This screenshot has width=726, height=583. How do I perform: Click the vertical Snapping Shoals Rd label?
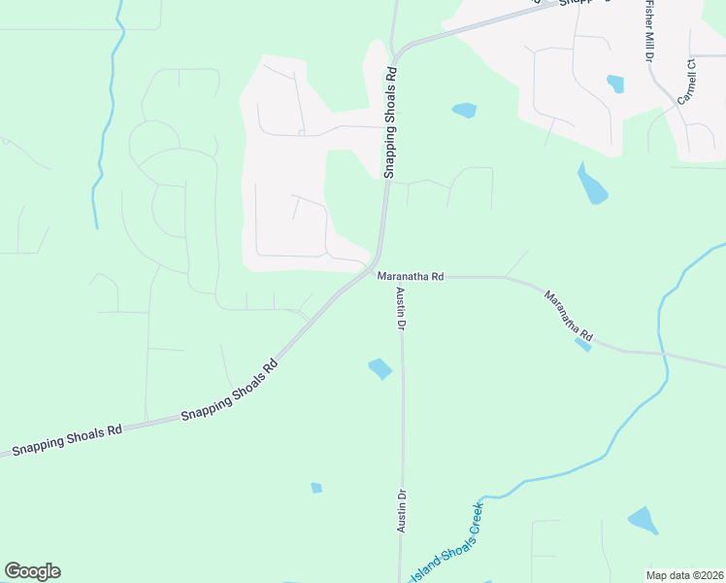pyautogui.click(x=390, y=121)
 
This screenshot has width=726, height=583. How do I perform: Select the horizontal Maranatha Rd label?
pyautogui.click(x=411, y=277)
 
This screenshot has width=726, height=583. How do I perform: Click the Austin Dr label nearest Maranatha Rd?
pyautogui.click(x=399, y=310)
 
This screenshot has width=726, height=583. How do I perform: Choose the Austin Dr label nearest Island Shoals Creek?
pyautogui.click(x=401, y=509)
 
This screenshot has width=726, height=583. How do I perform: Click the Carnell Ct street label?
pyautogui.click(x=689, y=83)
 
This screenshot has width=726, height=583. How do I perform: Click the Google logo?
pyautogui.click(x=32, y=571)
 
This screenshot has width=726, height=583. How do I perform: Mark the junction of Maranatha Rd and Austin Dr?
pyautogui.click(x=398, y=277)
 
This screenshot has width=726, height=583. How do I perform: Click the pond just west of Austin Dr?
pyautogui.click(x=379, y=368)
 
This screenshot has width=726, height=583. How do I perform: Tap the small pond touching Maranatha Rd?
pyautogui.click(x=582, y=343)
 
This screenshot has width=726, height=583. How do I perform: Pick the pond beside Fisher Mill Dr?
pyautogui.click(x=615, y=84)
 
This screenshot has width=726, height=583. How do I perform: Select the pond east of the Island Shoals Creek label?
pyautogui.click(x=643, y=520)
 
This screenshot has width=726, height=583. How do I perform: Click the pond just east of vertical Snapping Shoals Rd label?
pyautogui.click(x=465, y=110)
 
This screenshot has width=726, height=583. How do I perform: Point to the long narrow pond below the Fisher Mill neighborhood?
pyautogui.click(x=591, y=185)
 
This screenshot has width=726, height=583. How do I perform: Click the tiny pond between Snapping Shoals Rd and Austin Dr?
pyautogui.click(x=316, y=488)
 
